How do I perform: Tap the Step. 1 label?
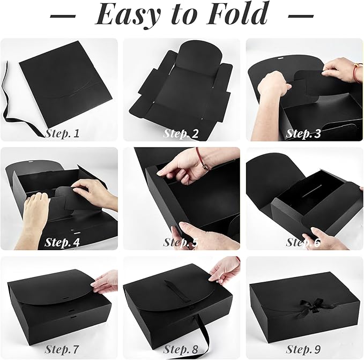click(62, 133)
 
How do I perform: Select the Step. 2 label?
click(181, 133)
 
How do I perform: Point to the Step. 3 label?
click(303, 133)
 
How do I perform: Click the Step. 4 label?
click(62, 242)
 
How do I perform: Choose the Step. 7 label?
click(62, 350)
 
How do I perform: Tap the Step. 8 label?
click(181, 350)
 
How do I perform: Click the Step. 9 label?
click(303, 350)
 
